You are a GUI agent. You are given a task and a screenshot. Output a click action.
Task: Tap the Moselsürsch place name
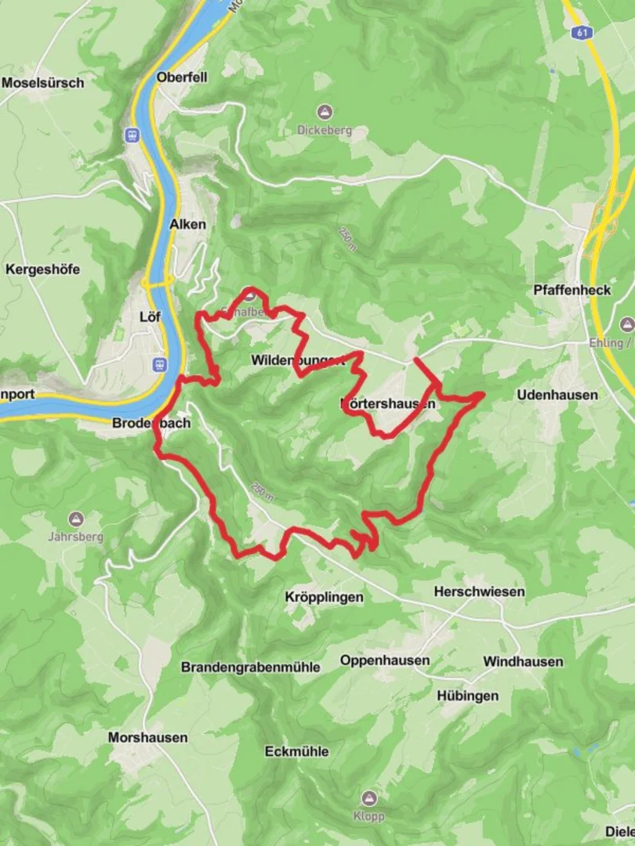[42, 82]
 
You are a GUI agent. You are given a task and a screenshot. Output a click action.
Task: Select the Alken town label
[188, 224]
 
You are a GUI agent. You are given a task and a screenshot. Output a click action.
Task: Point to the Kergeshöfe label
[42, 269]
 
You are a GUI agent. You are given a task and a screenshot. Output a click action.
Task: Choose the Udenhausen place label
[557, 395]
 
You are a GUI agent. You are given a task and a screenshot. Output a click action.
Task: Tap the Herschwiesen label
[479, 591]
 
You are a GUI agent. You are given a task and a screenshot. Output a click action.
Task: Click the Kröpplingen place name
[324, 597]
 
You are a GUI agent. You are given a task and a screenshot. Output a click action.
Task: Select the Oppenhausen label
[384, 660]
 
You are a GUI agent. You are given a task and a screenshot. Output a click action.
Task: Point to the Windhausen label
[523, 661]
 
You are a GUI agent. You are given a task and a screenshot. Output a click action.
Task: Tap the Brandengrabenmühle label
[251, 667]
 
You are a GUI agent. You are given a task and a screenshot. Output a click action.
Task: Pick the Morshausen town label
[148, 737]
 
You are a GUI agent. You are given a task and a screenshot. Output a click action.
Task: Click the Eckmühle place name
[296, 751]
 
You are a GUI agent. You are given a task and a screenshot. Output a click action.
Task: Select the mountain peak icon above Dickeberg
[325, 111]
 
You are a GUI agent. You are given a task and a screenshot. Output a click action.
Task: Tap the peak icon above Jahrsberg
[75, 519]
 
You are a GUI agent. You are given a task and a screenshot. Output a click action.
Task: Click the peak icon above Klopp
[368, 797]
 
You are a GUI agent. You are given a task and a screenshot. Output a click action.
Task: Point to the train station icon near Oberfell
[131, 135]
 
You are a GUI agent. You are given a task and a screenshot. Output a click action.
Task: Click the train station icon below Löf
[160, 364]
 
